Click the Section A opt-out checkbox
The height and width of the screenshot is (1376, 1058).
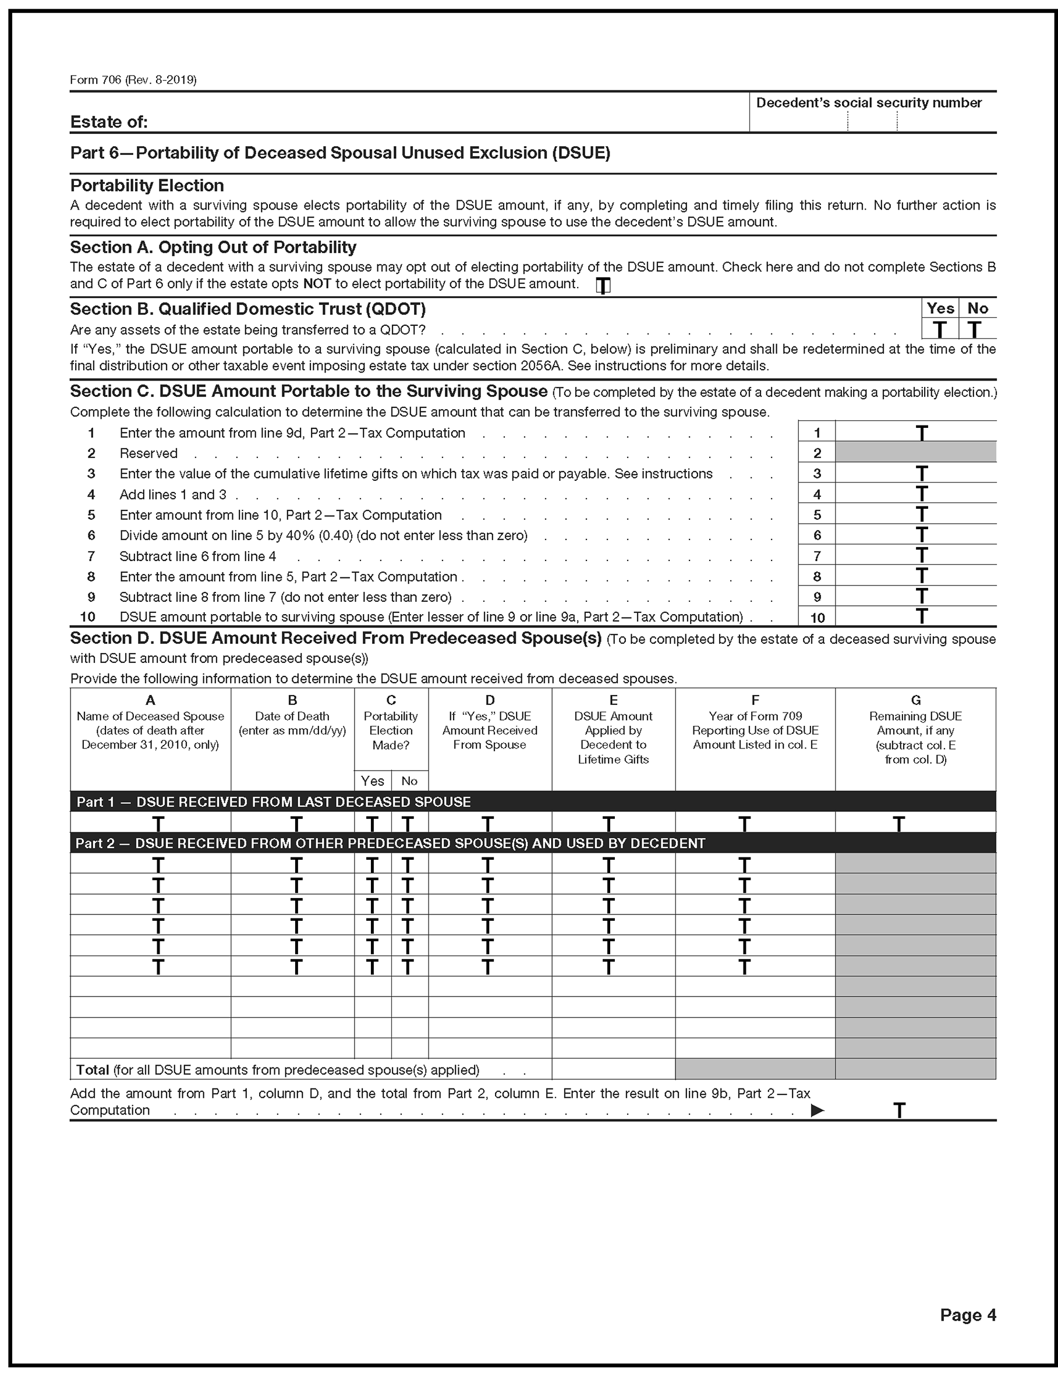[x=603, y=286]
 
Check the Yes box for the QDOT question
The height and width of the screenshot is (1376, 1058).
[x=940, y=329]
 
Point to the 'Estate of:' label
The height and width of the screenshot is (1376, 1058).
[x=109, y=122]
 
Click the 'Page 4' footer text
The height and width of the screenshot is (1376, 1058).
[x=967, y=1314]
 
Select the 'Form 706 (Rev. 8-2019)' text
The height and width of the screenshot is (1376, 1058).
[x=133, y=80]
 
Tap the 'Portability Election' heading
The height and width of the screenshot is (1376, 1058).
[x=147, y=186]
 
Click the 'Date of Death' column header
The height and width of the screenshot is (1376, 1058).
[x=292, y=717]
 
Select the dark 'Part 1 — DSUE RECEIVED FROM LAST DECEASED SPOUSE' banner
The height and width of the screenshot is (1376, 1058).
[x=273, y=802]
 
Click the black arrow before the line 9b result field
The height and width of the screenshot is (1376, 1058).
[x=817, y=1111]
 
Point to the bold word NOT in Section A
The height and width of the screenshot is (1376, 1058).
[x=317, y=284]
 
